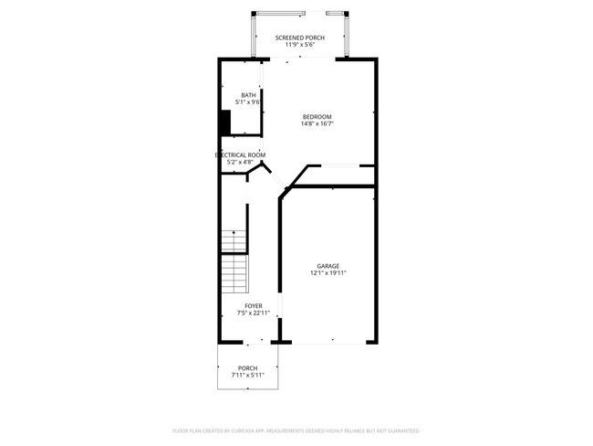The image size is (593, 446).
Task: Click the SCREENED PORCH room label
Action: point(299,37)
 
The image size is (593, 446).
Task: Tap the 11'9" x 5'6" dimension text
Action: point(299,45)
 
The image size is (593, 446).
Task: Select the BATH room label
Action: point(248,95)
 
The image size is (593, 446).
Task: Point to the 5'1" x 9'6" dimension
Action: point(248,102)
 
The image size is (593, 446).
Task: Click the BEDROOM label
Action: point(317,116)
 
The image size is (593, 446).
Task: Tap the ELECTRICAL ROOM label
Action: point(240,155)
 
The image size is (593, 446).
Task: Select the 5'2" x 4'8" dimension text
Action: point(240,163)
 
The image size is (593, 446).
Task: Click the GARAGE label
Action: point(328,266)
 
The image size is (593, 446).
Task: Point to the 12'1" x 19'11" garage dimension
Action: point(328,273)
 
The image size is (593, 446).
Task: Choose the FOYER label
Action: point(253,306)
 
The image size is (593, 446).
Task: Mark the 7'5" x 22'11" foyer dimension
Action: point(253,313)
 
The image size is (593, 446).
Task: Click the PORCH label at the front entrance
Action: point(248,368)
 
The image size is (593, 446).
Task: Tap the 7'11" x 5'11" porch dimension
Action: point(248,376)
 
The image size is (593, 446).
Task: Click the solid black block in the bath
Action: point(224,122)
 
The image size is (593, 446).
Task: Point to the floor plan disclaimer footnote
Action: point(296,430)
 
